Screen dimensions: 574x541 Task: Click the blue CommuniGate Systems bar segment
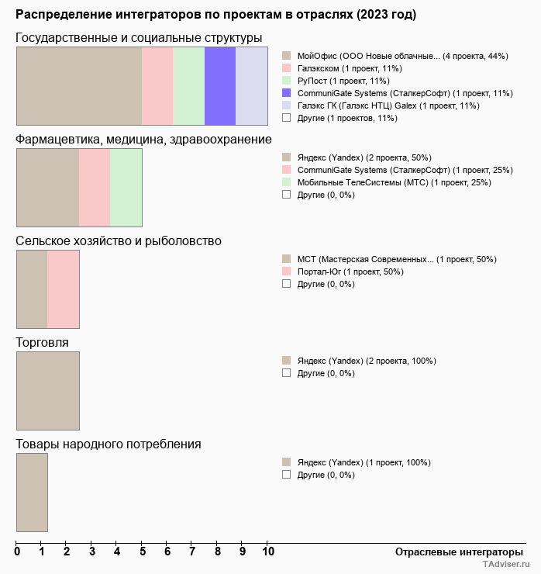click(x=219, y=85)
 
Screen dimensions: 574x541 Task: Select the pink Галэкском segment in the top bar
click(x=157, y=85)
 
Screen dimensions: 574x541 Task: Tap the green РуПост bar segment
click(x=188, y=85)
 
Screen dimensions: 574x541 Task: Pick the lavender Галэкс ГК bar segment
click(x=251, y=85)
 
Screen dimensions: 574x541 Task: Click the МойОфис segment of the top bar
click(x=79, y=85)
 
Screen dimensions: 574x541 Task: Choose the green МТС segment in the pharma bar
click(x=126, y=187)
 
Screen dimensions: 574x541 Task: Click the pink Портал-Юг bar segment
click(x=64, y=289)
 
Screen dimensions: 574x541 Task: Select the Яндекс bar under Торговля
click(x=48, y=390)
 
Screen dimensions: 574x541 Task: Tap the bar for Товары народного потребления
click(x=33, y=492)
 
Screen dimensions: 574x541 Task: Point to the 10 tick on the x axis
click(x=267, y=552)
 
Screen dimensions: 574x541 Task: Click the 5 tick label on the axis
click(x=142, y=552)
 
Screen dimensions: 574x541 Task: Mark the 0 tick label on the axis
click(x=17, y=552)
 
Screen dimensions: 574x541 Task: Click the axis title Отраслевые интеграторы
click(x=454, y=552)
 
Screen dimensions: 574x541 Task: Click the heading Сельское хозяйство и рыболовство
click(x=119, y=241)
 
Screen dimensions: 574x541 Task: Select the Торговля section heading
click(x=42, y=343)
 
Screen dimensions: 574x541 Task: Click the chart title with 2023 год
click(x=215, y=15)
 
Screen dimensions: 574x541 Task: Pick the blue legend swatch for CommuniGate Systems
click(x=286, y=93)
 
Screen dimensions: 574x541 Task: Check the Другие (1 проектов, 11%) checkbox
click(x=286, y=118)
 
